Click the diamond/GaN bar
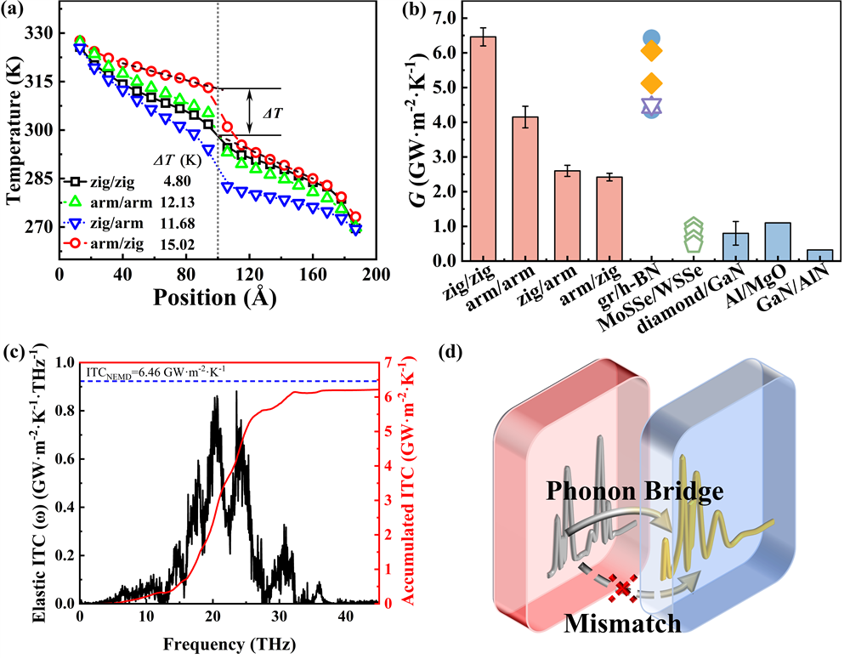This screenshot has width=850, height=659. pyautogui.click(x=736, y=246)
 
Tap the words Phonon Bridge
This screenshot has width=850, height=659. pyautogui.click(x=635, y=492)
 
